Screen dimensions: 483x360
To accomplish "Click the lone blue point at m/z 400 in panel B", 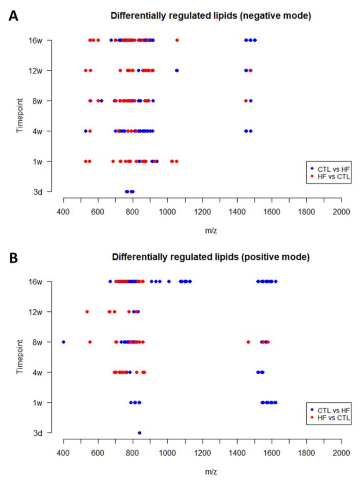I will click(64, 342).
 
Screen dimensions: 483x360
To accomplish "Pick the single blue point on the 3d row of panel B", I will click(139, 433).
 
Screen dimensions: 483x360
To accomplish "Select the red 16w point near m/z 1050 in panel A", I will click(177, 40).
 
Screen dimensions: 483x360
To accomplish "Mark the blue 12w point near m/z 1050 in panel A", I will click(177, 70).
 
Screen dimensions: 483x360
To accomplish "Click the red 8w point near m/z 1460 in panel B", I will click(248, 342).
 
